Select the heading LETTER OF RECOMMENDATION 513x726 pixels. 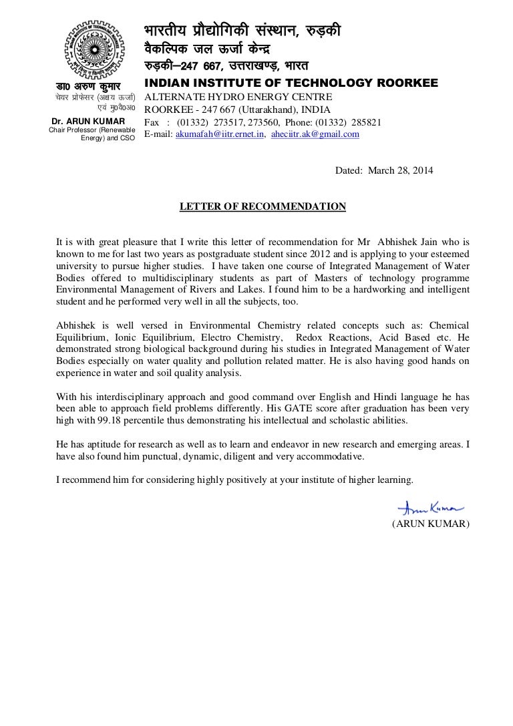[x=263, y=206]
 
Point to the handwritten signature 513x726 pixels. [x=425, y=508]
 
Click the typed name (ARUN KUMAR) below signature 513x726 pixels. [x=431, y=524]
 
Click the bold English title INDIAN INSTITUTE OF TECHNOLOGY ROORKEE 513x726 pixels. [x=291, y=83]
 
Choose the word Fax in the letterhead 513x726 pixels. [x=152, y=123]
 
